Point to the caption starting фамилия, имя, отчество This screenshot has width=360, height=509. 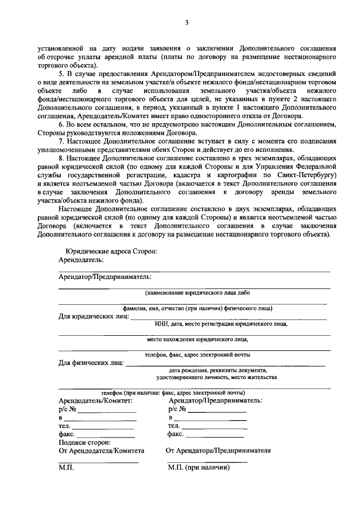pos(198,308)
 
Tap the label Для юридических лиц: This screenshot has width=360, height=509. pos(93,317)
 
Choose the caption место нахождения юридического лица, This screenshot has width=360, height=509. pos(197,340)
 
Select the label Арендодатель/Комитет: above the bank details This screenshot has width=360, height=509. pos(96,400)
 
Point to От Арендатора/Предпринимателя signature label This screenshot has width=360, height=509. pos(218,451)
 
